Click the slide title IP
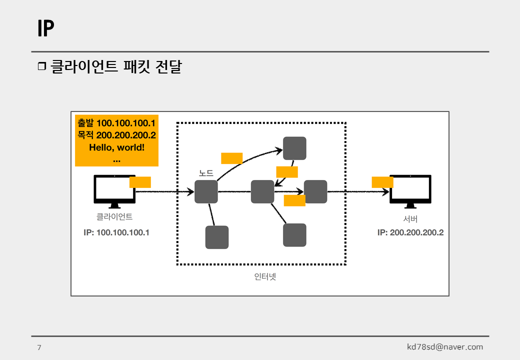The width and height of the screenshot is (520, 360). [45, 29]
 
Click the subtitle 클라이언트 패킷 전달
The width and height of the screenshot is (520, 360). [116, 66]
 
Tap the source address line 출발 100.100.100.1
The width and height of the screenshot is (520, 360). [116, 123]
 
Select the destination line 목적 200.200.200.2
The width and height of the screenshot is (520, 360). [116, 135]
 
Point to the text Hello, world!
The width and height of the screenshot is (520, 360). [116, 147]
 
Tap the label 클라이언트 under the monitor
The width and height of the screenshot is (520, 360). [114, 217]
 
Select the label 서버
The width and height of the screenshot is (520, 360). [410, 218]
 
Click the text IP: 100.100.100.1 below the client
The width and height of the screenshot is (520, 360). [116, 232]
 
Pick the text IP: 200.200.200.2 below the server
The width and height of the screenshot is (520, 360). [410, 232]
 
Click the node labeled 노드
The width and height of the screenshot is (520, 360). [206, 192]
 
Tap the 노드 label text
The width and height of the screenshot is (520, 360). [206, 173]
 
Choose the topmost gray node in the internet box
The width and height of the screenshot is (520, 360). [294, 148]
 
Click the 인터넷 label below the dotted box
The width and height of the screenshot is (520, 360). [265, 276]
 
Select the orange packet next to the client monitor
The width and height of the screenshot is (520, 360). [140, 182]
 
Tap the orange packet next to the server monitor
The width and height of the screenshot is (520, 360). [382, 182]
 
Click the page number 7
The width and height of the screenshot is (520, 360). [39, 347]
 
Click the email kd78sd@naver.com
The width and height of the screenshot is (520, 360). [445, 347]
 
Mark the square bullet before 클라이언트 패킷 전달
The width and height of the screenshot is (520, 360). [41, 66]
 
